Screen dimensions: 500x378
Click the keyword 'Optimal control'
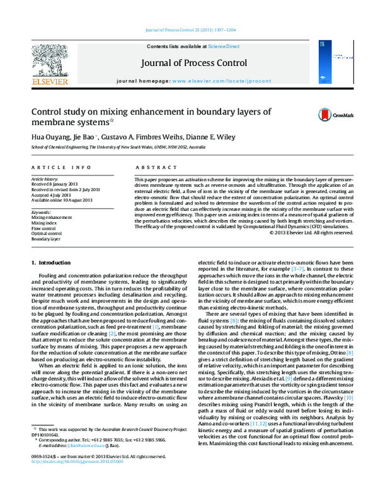point(47,233)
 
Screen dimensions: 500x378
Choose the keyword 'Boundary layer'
point(46,239)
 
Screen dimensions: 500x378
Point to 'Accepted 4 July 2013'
point(52,195)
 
